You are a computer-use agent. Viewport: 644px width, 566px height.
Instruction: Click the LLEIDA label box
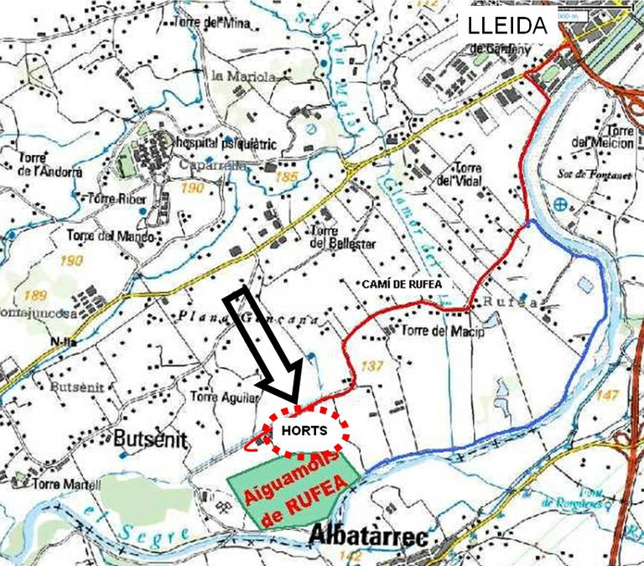click(x=508, y=26)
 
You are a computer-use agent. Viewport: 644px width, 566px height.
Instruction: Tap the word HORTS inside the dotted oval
click(x=305, y=431)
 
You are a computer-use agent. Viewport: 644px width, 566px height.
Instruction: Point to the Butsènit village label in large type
click(x=146, y=439)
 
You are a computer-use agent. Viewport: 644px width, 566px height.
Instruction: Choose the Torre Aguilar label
click(x=223, y=397)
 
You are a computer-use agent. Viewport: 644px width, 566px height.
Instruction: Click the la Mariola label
click(x=242, y=76)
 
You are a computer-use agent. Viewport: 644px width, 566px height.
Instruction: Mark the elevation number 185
click(x=286, y=178)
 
